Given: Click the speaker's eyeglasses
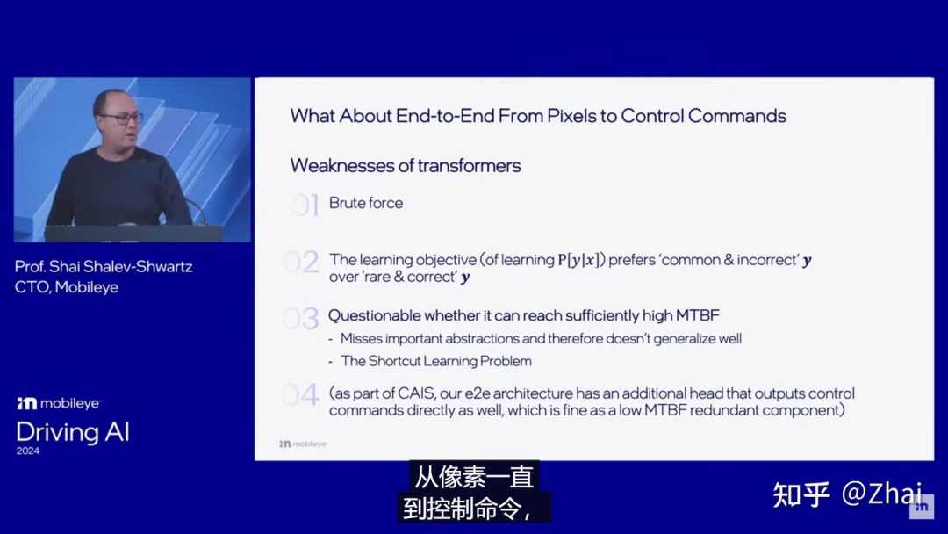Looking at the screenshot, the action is point(123,119).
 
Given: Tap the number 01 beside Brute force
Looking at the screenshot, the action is point(305,205).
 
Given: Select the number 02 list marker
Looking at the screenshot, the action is point(301,262).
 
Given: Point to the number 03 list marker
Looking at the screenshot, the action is point(301,318).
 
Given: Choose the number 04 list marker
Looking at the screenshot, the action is point(300,395).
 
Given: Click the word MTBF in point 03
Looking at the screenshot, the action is point(698,315).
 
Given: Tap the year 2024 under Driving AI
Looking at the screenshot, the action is point(28,451).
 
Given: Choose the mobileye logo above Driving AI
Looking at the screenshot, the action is point(60,403).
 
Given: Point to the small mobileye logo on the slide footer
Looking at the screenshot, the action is point(303,444).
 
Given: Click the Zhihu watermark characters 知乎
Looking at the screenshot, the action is point(801,494).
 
